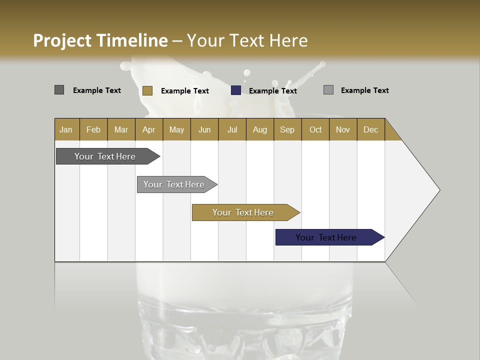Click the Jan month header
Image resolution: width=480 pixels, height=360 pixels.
pos(66,129)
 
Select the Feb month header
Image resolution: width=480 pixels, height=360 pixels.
pos(93,129)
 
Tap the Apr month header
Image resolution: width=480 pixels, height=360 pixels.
pos(148,129)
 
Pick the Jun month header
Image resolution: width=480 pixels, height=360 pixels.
pos(204,129)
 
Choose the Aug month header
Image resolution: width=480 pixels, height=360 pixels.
pos(259,129)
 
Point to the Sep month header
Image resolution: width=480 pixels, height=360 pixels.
pos(287,129)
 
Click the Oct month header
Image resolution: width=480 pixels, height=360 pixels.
pos(315,129)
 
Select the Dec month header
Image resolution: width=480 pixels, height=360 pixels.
pos(370,129)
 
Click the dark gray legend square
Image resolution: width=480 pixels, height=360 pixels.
pos(59,90)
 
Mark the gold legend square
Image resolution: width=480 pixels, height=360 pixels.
pos(147,90)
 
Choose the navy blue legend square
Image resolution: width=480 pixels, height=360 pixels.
pos(236,90)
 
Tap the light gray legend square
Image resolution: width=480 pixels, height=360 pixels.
pos(328,90)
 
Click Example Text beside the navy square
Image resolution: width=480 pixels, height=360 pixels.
pos(272,91)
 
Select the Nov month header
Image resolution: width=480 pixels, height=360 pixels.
pos(343,129)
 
